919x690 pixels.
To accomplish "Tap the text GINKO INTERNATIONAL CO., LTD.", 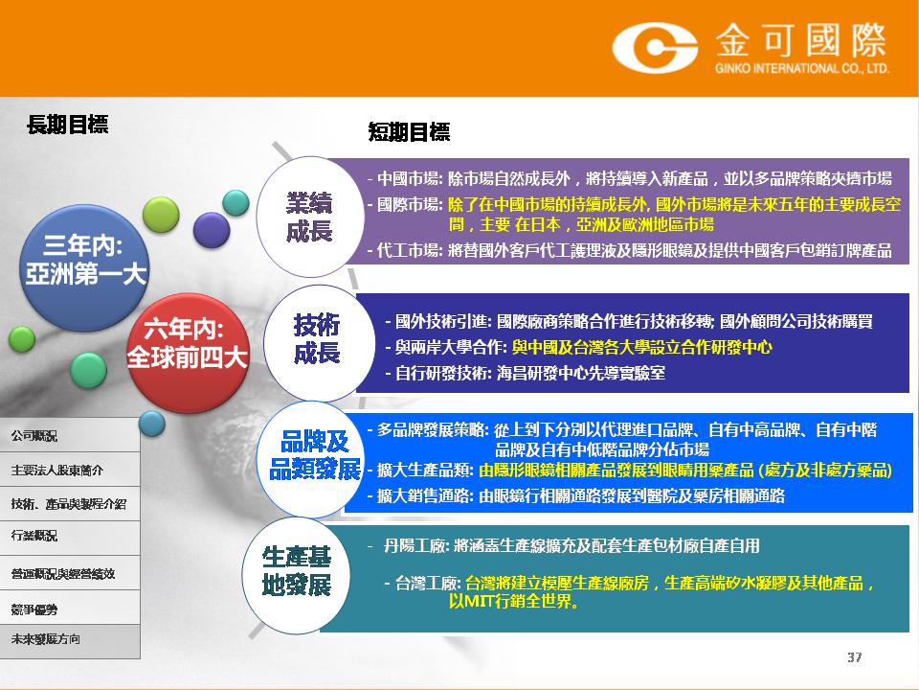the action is pos(802,69).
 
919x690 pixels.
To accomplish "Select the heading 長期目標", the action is pos(67,125).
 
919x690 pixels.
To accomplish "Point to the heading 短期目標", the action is pos(409,132).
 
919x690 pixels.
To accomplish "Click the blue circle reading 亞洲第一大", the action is pos(84,268).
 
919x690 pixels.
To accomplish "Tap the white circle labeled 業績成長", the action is pos(310,217).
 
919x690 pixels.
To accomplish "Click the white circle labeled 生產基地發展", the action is pos(297,575).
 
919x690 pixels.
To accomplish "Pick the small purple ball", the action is pos(212,229).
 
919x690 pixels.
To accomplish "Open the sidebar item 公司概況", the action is pos(34,436).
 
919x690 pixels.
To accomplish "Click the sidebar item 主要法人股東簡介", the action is pos(56,470).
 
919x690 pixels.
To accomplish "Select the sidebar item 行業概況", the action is pos(34,535).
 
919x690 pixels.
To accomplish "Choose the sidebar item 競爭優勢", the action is pos(34,609).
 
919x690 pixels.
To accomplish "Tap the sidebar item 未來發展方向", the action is pos(45,639).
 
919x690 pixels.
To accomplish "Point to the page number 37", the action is pos(855,657).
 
